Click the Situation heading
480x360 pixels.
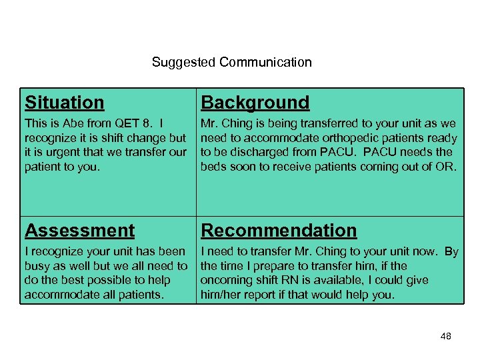(x=65, y=103)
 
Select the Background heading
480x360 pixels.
(x=255, y=103)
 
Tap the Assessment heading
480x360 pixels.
(x=79, y=231)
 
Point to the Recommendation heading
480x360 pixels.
(x=279, y=231)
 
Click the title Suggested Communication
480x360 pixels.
(x=231, y=63)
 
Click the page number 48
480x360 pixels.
(x=445, y=336)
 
